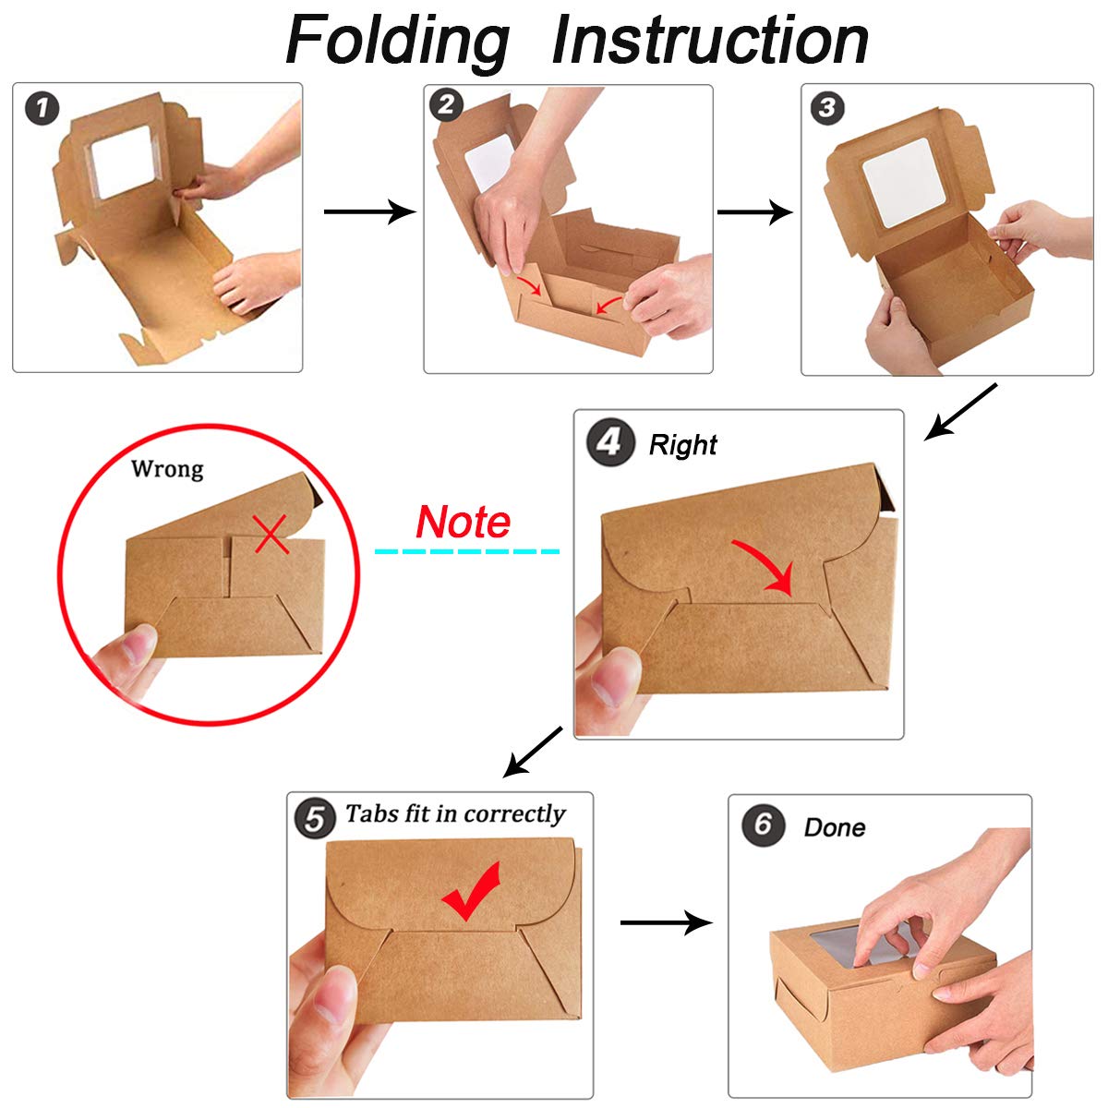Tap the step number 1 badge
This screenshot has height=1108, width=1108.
42,109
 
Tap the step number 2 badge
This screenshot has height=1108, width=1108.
446,105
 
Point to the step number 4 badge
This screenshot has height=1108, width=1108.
610,442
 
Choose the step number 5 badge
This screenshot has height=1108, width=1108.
315,818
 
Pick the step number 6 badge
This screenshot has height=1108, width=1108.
763,825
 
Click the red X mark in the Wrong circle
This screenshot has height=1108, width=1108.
271,534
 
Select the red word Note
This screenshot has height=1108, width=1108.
463,522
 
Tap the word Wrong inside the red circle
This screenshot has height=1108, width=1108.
167,469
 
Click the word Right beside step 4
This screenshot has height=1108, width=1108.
683,445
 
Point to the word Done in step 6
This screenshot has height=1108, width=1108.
835,827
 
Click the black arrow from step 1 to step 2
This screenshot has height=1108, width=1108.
369,211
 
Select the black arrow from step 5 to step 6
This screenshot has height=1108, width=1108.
667,922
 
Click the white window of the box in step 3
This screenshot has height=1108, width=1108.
905,183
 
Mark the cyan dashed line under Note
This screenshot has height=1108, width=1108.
467,551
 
